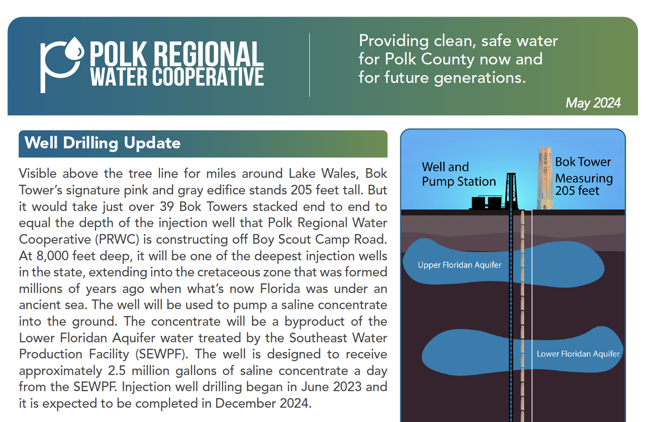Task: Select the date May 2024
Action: (593, 103)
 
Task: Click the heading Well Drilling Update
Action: (102, 143)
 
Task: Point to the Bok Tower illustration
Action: (545, 177)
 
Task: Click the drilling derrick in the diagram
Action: (511, 191)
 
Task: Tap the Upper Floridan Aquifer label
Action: (459, 265)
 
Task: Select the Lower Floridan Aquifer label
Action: (578, 354)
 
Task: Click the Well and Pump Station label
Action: (458, 174)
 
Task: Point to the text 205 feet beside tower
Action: (577, 191)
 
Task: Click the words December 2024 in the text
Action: (261, 404)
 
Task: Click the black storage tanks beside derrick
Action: (487, 202)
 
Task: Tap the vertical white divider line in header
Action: (309, 64)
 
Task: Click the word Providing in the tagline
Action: (394, 41)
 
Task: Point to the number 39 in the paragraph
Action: (167, 207)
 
